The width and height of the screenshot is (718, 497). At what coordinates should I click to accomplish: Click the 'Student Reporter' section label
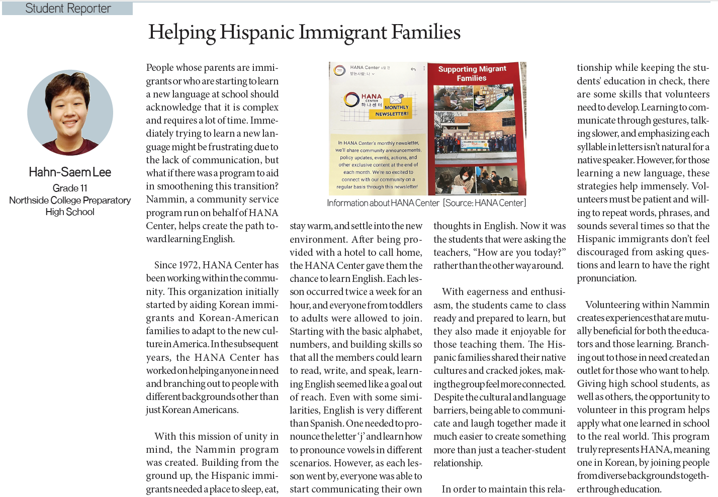[68, 9]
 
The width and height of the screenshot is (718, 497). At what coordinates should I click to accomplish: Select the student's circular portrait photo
[70, 112]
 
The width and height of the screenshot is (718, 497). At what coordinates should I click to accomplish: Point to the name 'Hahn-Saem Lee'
[70, 172]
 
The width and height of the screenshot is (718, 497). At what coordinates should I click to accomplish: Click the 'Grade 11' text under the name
[70, 188]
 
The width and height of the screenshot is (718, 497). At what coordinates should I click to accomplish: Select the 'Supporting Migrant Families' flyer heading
[472, 73]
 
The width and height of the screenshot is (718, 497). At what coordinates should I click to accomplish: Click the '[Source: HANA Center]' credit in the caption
[484, 203]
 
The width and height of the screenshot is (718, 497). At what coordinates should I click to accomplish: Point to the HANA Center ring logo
[351, 100]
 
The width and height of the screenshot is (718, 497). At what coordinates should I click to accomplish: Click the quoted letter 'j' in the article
[361, 436]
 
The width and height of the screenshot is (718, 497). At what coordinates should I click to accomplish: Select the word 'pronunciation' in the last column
[606, 278]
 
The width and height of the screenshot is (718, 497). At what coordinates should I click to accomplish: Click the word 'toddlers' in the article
[406, 305]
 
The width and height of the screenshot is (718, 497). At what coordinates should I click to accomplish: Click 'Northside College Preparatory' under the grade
[70, 200]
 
